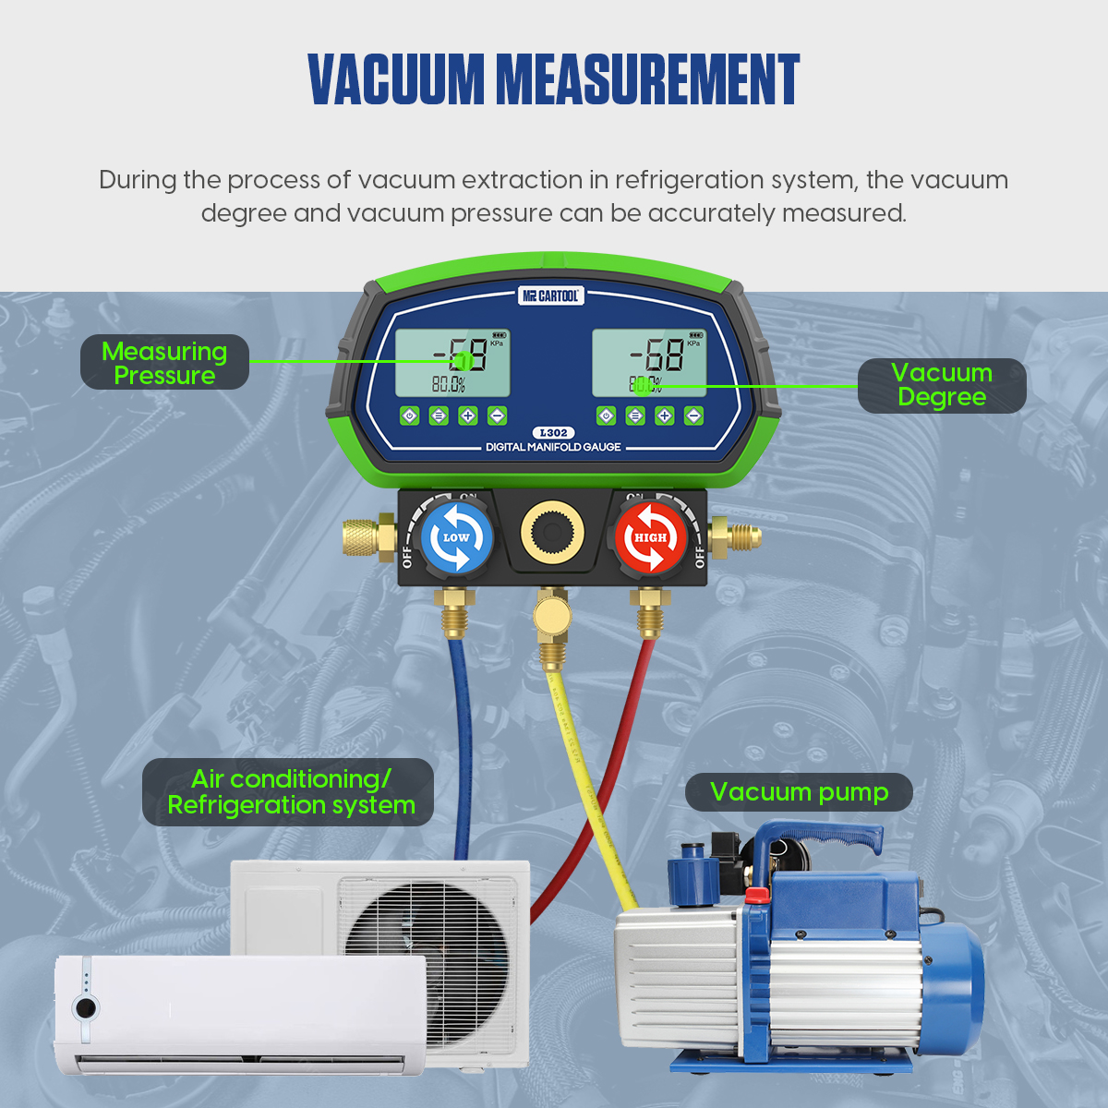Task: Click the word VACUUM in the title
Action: [x=396, y=79]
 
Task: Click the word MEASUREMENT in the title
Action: [x=647, y=79]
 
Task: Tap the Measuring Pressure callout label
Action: [x=164, y=363]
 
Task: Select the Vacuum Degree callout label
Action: [x=941, y=385]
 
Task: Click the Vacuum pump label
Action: [x=799, y=792]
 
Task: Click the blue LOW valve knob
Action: [x=456, y=538]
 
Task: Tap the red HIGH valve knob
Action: [x=650, y=538]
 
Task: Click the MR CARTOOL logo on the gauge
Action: [x=551, y=295]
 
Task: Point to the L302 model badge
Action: [x=553, y=432]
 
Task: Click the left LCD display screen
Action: [x=452, y=362]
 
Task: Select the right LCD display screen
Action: [x=648, y=362]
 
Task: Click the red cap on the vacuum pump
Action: [x=757, y=894]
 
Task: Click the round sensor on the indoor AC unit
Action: [x=86, y=1007]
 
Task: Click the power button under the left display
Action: [x=410, y=415]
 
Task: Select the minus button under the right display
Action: [x=693, y=415]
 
